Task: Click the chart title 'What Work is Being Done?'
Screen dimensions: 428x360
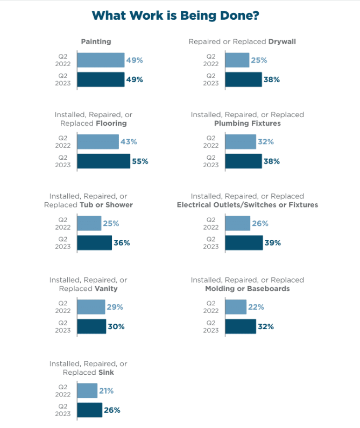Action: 176,16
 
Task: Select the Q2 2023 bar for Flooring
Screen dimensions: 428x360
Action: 103,161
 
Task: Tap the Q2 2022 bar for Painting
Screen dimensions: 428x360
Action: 101,60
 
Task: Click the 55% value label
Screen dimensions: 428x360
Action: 140,161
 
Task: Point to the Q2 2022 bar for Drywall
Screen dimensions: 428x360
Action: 237,60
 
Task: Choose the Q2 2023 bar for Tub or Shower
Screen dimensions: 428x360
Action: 94,243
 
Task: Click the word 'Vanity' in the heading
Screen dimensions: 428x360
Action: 105,289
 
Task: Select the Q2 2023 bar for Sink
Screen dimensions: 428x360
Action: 89,410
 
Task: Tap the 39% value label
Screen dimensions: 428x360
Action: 272,243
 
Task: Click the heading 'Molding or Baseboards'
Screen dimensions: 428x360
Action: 248,289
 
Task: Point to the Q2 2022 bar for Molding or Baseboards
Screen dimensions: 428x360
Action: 236,307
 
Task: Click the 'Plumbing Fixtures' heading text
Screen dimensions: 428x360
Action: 248,123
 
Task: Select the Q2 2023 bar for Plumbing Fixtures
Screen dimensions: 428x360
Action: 243,161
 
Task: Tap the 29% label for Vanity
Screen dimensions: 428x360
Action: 115,307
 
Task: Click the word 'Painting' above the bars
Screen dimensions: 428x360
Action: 96,41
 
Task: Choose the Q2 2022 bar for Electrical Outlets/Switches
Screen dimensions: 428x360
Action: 238,223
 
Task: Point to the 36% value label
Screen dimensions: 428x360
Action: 122,243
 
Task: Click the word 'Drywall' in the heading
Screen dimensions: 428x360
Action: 282,41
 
